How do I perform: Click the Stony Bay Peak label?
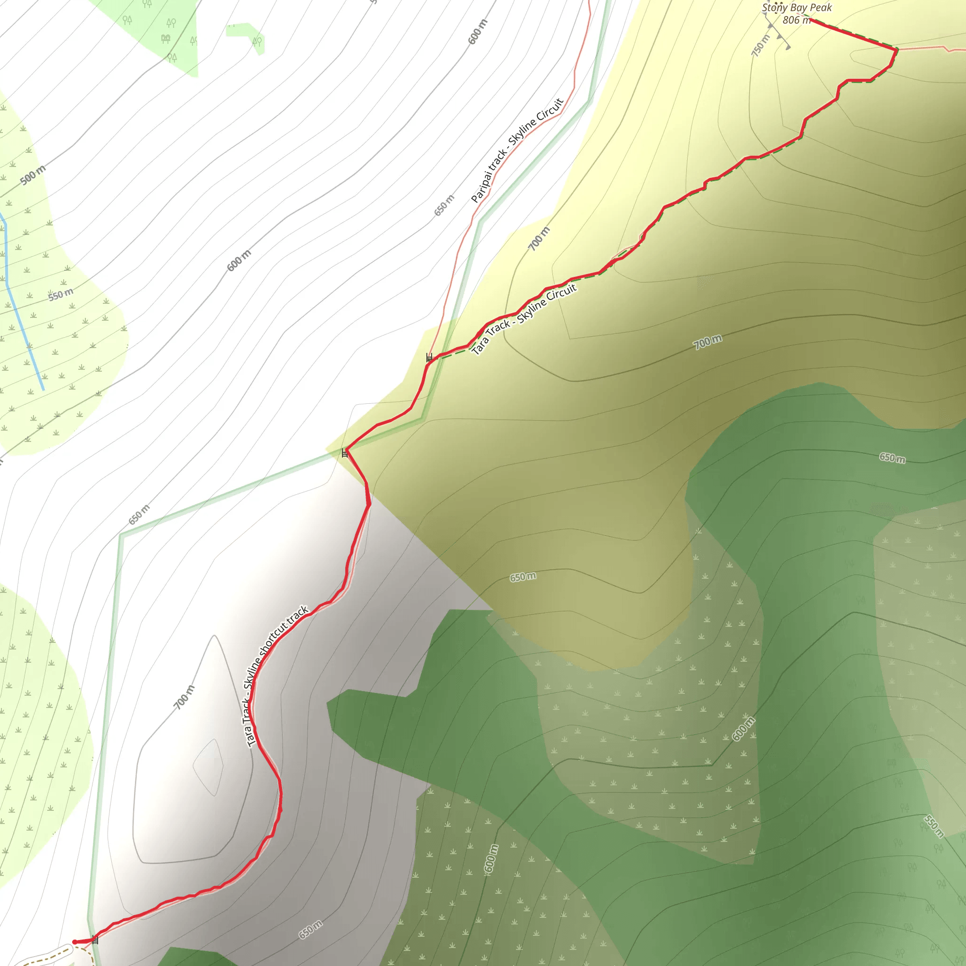797,8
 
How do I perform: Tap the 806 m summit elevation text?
796,20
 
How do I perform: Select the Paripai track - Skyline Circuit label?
517,150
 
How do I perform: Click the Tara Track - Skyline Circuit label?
524,319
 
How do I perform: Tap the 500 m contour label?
33,175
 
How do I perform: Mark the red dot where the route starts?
75,942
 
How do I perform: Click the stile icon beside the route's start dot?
95,940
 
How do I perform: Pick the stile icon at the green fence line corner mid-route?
344,453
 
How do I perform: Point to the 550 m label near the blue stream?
61,294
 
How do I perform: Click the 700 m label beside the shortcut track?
184,698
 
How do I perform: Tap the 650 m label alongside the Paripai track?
444,205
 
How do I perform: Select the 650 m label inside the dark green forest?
892,458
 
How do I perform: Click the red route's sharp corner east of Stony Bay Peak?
896,49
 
